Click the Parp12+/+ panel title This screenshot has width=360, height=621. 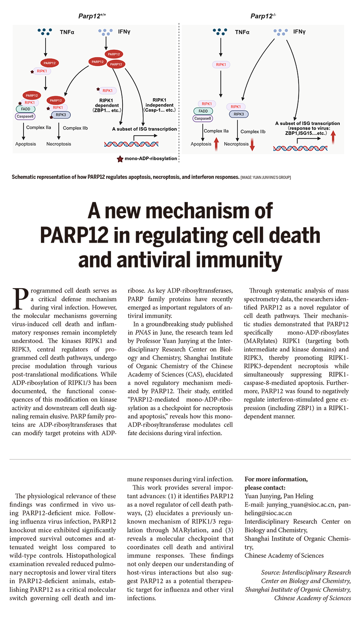click(92, 16)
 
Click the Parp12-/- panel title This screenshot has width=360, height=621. click(263, 16)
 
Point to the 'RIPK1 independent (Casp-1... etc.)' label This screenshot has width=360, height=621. click(159, 105)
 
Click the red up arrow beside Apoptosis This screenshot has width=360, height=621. click(216, 144)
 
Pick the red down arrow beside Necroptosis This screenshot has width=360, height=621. click(252, 144)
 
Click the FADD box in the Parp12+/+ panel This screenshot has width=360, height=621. click(25, 109)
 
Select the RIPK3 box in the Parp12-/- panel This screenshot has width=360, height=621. click(239, 114)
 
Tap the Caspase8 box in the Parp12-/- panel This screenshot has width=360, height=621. click(203, 118)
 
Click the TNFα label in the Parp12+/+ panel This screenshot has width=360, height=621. click(67, 31)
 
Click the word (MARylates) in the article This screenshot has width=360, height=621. click(261, 341)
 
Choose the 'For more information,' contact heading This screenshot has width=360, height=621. click(276, 479)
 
